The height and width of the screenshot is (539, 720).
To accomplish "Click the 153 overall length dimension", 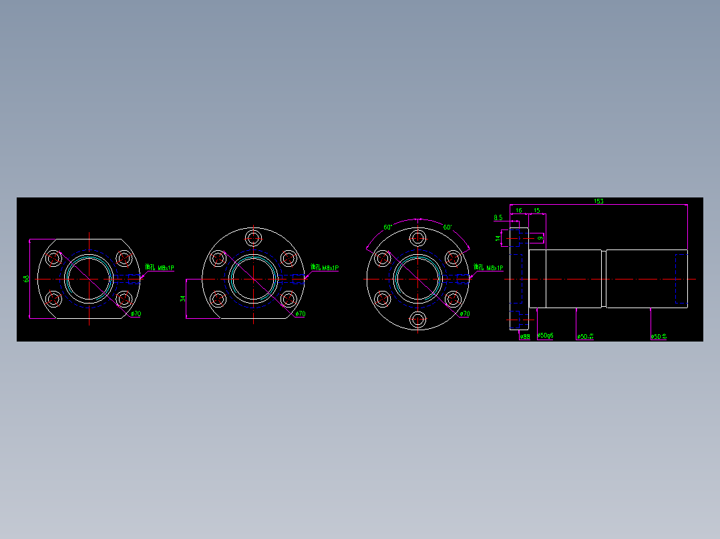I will [x=598, y=201].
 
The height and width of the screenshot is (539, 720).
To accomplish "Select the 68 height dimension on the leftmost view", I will [x=27, y=279].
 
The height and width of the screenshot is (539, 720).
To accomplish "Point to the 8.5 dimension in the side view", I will [x=498, y=218].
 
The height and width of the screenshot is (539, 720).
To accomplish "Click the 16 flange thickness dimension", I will [x=518, y=211].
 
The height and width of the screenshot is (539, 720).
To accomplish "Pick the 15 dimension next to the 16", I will [x=536, y=211].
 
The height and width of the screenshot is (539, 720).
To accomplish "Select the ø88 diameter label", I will [x=525, y=337].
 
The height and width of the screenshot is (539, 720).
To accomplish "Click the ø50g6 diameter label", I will [x=546, y=336].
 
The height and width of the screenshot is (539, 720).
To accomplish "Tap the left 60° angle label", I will [x=387, y=227].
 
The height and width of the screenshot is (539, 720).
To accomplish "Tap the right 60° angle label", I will [x=447, y=227].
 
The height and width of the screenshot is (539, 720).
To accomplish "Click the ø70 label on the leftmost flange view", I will [x=136, y=314].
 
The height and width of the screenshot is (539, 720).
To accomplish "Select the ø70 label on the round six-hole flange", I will [x=464, y=314].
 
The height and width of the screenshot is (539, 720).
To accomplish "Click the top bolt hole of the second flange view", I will [x=254, y=238].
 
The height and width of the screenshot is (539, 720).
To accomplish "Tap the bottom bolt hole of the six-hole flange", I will [x=418, y=320].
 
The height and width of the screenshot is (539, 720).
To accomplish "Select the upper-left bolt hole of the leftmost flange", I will [x=53, y=258].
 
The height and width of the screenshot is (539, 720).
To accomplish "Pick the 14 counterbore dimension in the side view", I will [x=498, y=237].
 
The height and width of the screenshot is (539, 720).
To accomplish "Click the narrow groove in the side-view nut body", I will [x=604, y=279].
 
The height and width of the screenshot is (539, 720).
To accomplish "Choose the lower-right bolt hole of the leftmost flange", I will [x=124, y=300].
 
